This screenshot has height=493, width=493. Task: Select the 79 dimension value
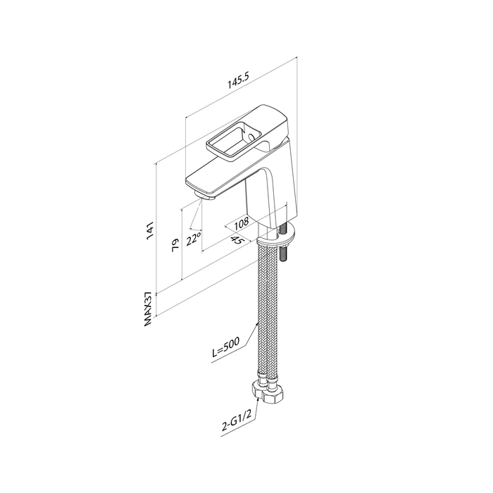pos(175,244)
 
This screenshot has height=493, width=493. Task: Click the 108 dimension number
pos(242,223)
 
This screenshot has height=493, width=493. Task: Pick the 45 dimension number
pos(238,241)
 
